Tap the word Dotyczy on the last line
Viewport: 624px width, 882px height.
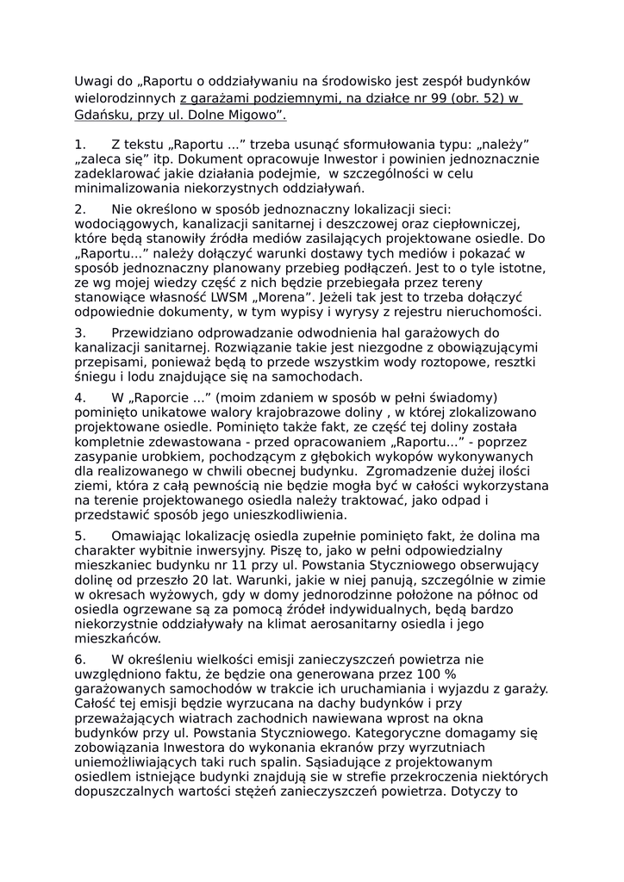coord(486,792)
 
